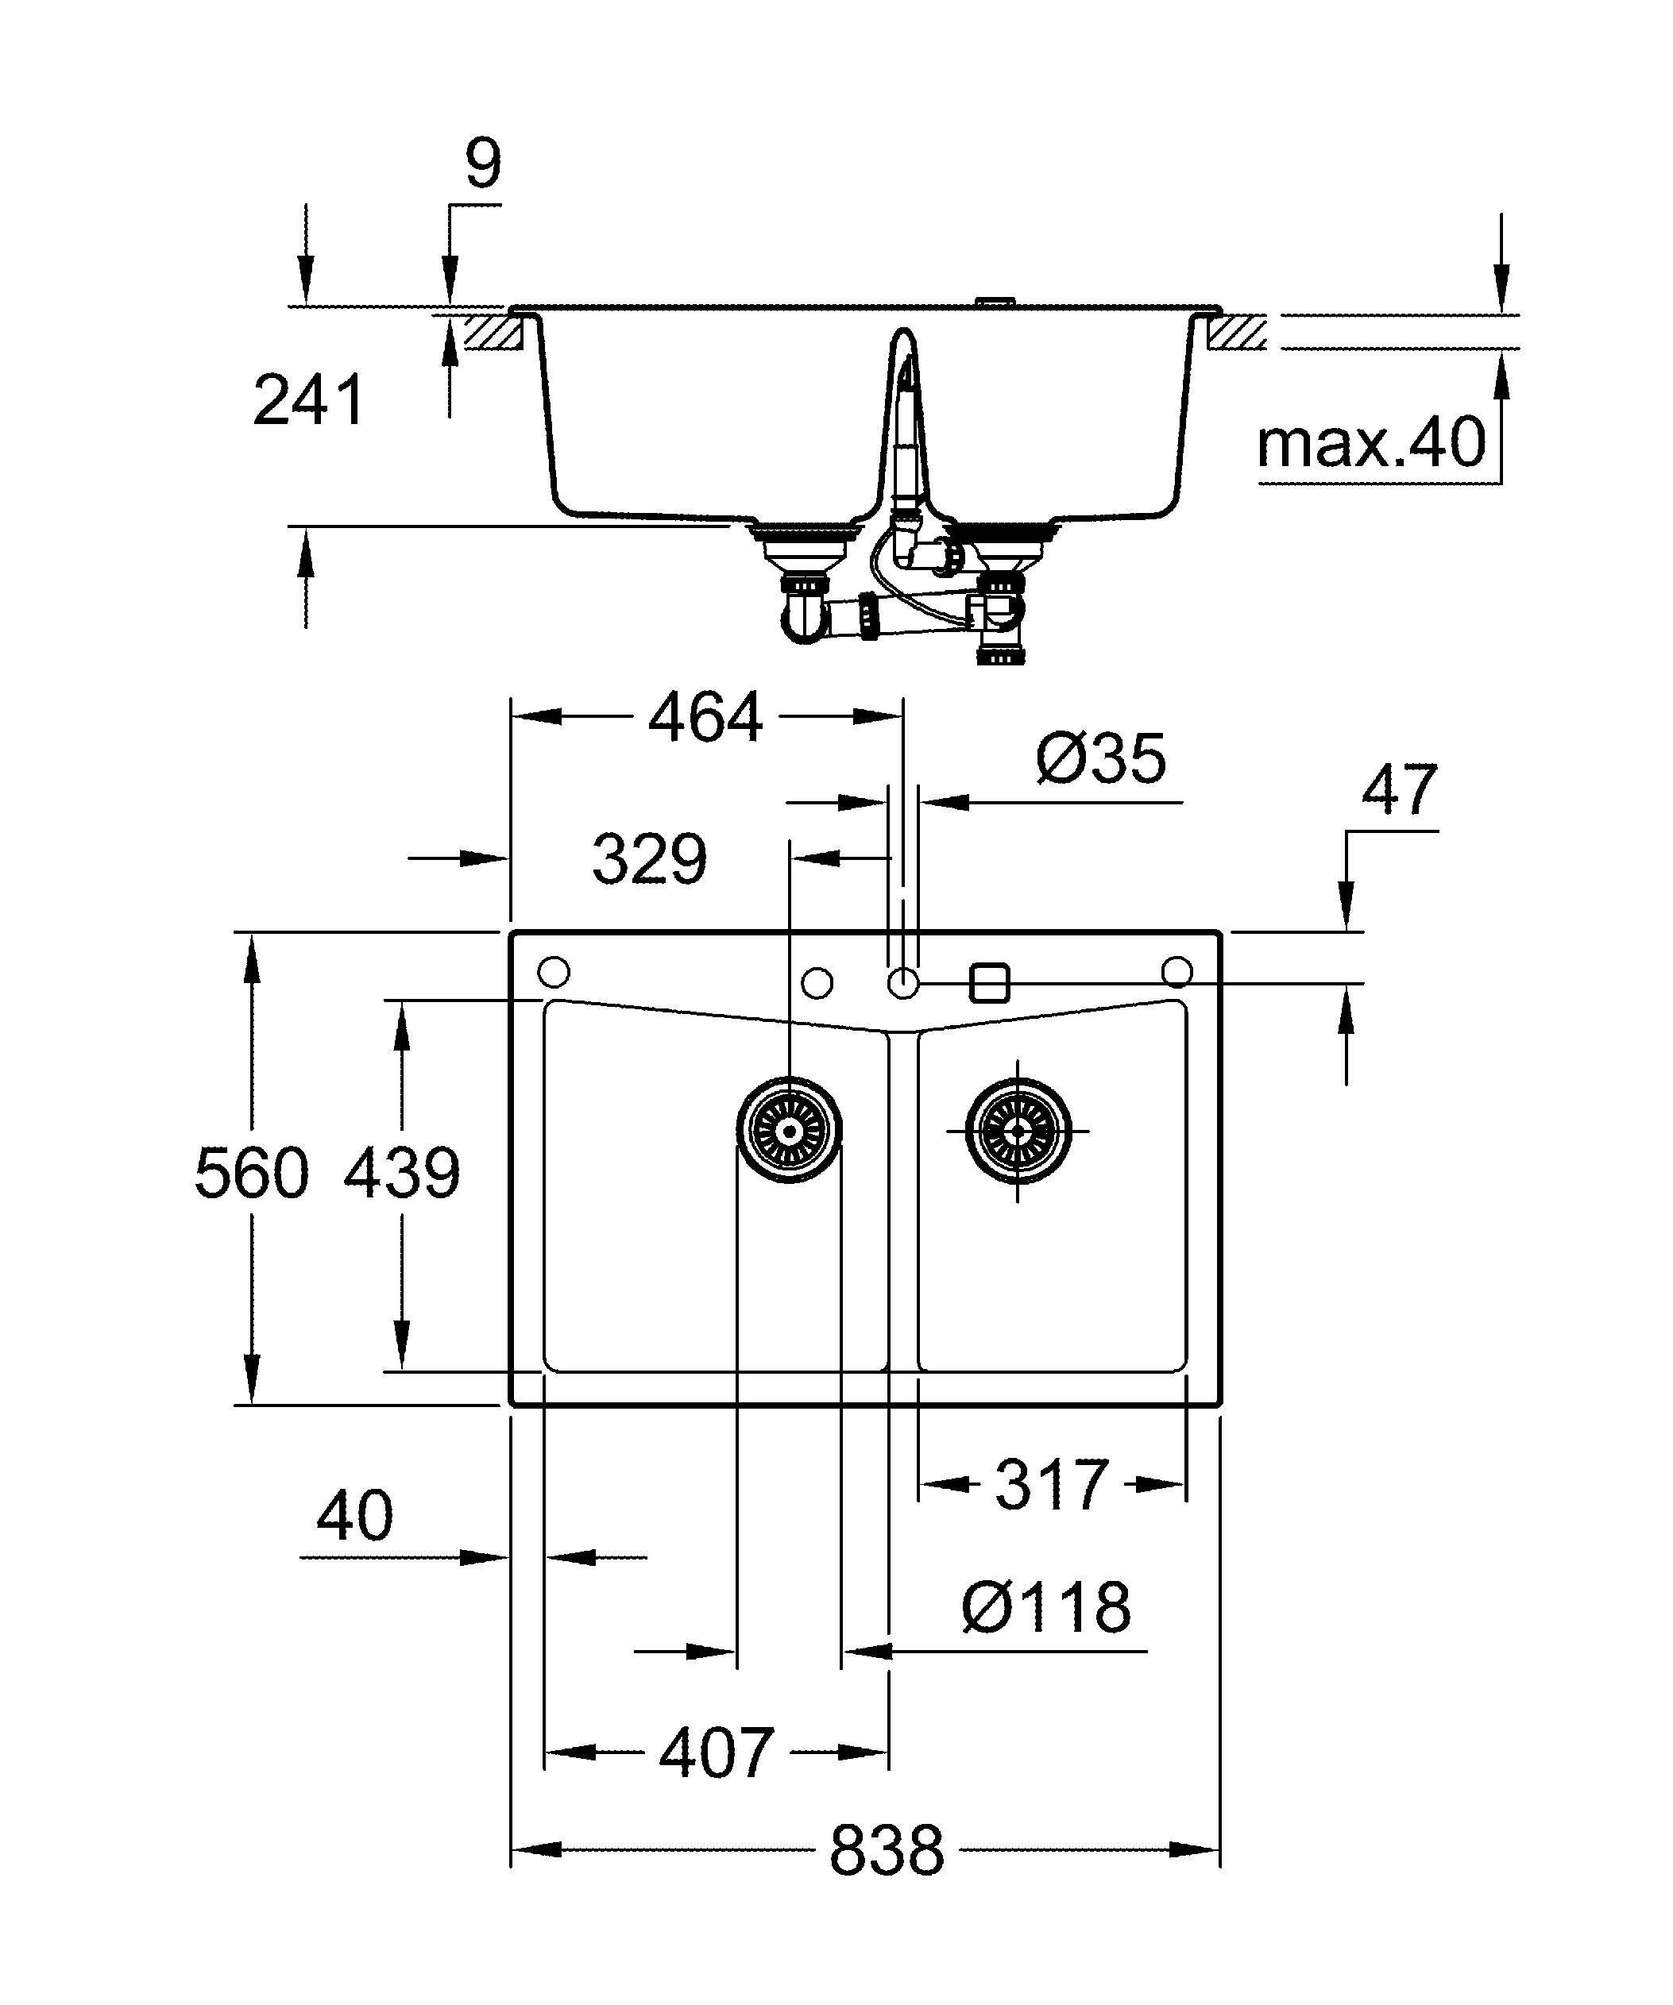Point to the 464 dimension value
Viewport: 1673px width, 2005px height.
pyautogui.click(x=705, y=717)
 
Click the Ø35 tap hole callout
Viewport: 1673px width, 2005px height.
pyautogui.click(x=1100, y=760)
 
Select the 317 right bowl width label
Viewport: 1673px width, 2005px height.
pyautogui.click(x=1051, y=1485)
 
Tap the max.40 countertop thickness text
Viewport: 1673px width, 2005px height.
pyautogui.click(x=1371, y=443)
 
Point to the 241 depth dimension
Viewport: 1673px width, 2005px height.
pyautogui.click(x=308, y=401)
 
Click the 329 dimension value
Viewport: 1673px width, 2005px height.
pyautogui.click(x=649, y=859)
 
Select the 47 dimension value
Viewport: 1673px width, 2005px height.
pyautogui.click(x=1399, y=791)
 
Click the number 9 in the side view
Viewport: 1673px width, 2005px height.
pyautogui.click(x=483, y=164)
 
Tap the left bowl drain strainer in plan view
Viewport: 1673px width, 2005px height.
pyautogui.click(x=790, y=1129)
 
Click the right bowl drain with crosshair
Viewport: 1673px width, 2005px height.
pyautogui.click(x=1018, y=1129)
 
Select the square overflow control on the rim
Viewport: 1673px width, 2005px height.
pyautogui.click(x=989, y=981)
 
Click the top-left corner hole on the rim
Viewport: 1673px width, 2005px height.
pyautogui.click(x=554, y=973)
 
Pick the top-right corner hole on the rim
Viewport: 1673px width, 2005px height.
pyautogui.click(x=1177, y=972)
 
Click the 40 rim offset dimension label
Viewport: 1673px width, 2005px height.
pyautogui.click(x=354, y=1515)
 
